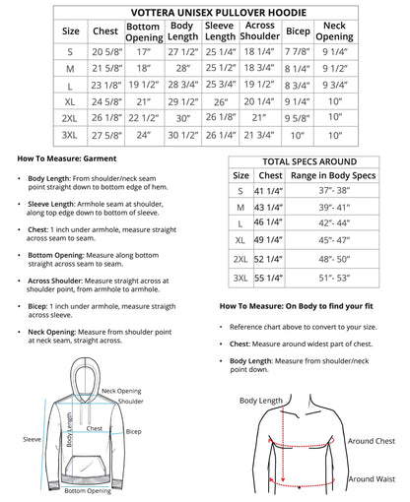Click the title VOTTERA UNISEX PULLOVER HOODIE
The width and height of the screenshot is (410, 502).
click(205, 12)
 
